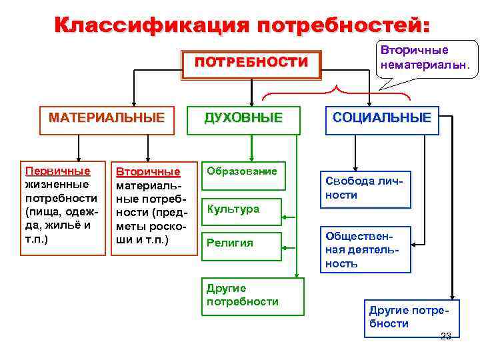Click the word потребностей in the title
coord(339,25)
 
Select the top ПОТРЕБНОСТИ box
coord(251,63)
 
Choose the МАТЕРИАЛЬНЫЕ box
coord(107,119)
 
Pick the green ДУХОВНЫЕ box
coord(243,119)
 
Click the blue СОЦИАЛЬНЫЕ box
coord(382,119)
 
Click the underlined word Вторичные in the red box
coord(148,171)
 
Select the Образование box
coord(241,172)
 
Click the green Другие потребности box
coord(252,295)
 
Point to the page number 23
coord(446,335)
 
